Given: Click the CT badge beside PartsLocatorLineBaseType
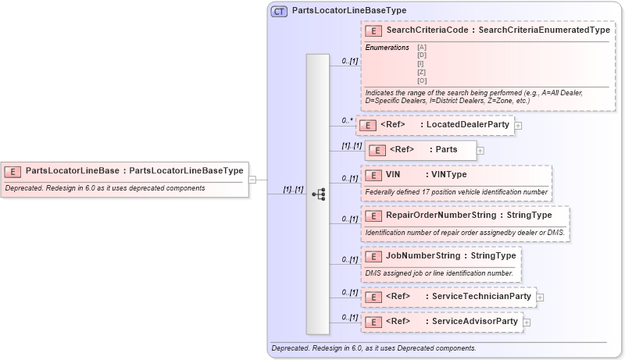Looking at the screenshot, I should tap(279, 11).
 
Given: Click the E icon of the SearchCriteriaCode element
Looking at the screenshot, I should tap(374, 30).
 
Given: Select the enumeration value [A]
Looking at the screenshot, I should tap(422, 48).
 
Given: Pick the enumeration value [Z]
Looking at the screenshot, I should tap(422, 72).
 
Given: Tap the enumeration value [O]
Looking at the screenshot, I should tap(422, 80).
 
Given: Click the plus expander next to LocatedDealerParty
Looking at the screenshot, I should tap(518, 125).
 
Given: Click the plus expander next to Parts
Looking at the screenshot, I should tap(480, 150).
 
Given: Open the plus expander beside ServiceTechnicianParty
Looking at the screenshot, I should tap(540, 298).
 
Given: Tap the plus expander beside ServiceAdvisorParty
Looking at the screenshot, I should tap(527, 322).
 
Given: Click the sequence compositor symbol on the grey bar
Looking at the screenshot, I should tap(318, 194).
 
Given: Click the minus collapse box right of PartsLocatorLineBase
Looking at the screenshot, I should tap(252, 179).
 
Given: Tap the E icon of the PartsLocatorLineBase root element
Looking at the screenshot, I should tap(13, 170).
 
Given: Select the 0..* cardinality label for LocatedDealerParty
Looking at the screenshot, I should tap(348, 120).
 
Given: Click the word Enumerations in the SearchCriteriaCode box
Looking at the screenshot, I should tap(387, 48).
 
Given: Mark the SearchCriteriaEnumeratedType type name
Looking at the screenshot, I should tap(544, 30).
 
